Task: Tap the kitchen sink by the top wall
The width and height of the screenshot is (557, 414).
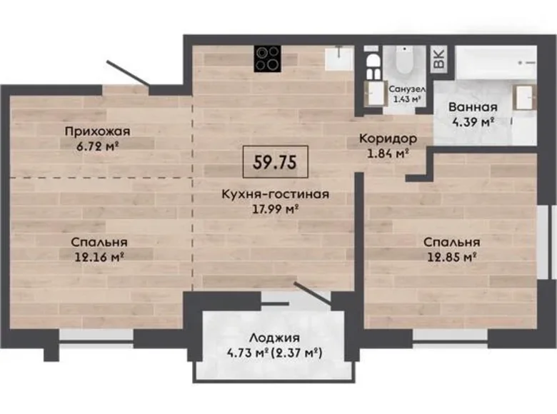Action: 338,58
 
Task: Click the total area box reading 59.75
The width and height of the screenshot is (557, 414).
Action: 275,161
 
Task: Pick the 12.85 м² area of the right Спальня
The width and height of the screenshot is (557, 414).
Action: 450,256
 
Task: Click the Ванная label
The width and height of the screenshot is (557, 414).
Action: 472,108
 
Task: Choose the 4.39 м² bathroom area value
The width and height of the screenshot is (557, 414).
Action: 472,123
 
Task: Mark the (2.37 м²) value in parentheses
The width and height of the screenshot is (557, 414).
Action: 300,352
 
